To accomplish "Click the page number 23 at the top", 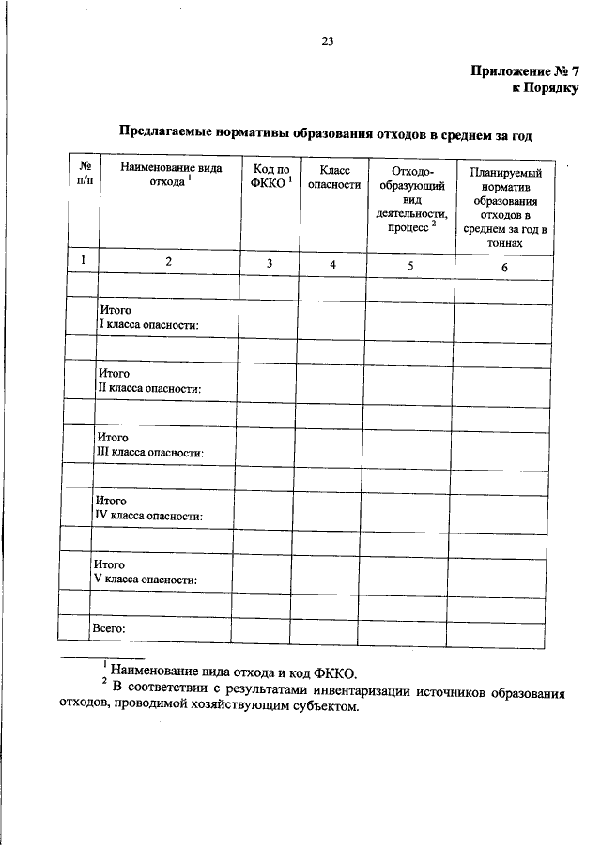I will tap(327, 40).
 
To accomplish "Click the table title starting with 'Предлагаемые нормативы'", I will tap(325, 135).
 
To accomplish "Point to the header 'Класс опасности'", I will tap(333, 177).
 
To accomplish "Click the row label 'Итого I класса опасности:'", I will tap(150, 317).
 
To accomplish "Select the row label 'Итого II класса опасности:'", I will tap(151, 380).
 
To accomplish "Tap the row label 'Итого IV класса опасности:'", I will tap(151, 509).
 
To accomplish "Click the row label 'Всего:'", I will tap(109, 627).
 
